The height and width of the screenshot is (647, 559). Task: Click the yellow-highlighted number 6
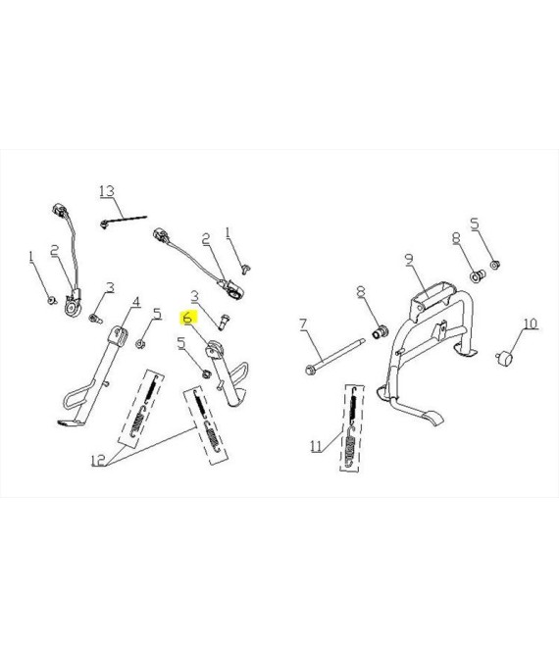click(188, 319)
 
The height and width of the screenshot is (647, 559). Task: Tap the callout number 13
click(107, 191)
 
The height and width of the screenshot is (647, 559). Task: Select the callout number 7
click(303, 323)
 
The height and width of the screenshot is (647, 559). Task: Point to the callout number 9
click(409, 259)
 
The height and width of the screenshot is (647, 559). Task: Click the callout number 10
click(531, 323)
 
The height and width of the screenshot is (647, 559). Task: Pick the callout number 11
click(316, 446)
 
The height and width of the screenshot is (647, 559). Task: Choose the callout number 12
click(98, 460)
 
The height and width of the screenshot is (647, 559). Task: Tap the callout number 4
click(136, 302)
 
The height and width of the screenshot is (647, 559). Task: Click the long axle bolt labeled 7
click(335, 355)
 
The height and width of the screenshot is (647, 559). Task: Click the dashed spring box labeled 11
click(352, 427)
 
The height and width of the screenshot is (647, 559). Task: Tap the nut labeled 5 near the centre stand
click(495, 264)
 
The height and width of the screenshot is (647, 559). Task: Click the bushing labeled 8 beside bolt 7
click(381, 332)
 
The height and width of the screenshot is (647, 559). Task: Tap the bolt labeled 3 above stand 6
click(225, 322)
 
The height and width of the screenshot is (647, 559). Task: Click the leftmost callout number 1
click(31, 257)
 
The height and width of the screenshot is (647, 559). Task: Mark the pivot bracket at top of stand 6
click(214, 350)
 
